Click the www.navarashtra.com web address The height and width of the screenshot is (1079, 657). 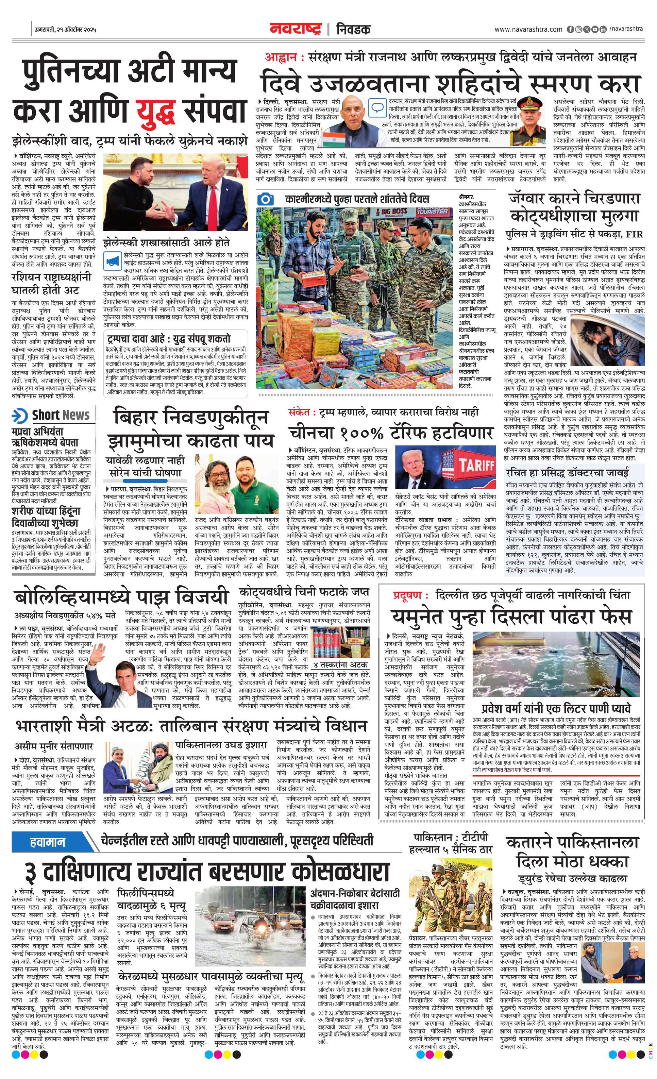[x=528, y=29]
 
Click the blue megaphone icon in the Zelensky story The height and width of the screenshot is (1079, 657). [x=112, y=262]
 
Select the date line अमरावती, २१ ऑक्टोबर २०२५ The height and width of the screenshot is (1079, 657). [x=65, y=30]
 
